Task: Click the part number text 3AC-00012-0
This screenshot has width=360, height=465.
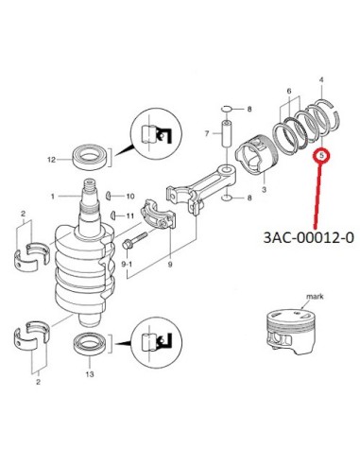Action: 309,237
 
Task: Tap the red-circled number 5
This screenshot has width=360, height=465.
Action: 321,156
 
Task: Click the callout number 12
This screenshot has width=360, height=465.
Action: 51,160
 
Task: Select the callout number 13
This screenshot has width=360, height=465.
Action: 90,374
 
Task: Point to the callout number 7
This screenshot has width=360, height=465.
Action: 207,134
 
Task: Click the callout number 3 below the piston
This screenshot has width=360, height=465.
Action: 264,190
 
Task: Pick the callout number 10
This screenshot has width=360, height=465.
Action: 130,197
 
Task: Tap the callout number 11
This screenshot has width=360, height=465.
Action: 130,216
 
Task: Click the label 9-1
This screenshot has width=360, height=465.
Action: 128,265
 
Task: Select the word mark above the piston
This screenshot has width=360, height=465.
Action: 315,297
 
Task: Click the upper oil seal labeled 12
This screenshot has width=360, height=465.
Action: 90,156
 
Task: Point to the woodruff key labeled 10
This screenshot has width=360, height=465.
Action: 109,196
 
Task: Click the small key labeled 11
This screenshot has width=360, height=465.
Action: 112,215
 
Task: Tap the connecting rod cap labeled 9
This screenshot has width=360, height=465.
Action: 158,215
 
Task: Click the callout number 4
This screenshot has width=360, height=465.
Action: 321,80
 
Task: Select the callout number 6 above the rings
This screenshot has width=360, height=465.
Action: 289,92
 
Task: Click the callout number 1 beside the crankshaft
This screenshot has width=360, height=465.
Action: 53,197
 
